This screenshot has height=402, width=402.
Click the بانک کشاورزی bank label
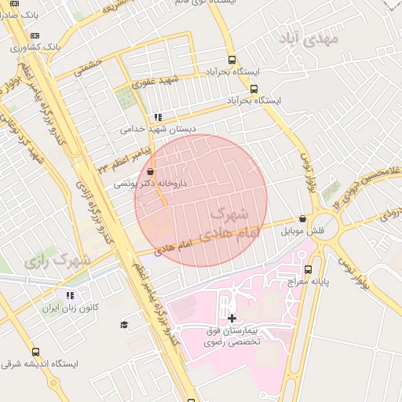pos(35,47)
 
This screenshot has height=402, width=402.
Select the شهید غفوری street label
pos(155,79)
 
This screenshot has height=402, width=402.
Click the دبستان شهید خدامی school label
pos(158,128)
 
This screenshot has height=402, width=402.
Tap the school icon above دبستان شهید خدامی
pos(158,117)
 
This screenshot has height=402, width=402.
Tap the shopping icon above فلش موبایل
pos(303,219)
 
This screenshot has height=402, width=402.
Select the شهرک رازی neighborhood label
pos(58,260)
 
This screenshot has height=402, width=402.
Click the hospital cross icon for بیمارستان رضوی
pos(232,318)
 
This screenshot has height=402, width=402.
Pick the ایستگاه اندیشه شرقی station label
pos(35,364)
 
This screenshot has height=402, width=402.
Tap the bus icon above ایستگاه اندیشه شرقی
pos(35,352)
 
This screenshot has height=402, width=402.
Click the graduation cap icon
pos(124,324)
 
